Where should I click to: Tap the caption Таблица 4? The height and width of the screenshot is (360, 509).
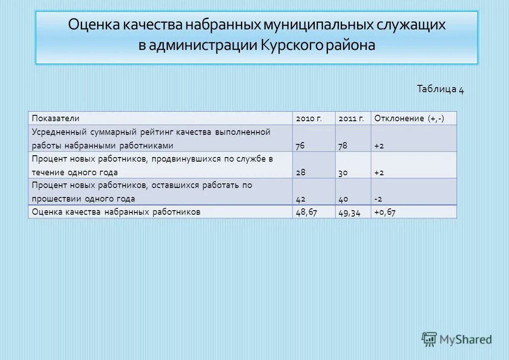(440, 89)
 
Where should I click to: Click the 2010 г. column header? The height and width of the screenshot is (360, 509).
(309, 118)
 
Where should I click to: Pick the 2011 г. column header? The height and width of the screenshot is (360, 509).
(351, 118)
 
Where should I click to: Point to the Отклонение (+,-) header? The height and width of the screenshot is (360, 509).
(409, 118)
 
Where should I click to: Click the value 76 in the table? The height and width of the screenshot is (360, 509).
(300, 146)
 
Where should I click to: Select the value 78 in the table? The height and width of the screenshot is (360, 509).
(343, 146)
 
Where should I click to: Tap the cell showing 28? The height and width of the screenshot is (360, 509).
(300, 173)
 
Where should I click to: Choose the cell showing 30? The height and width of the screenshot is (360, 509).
(343, 173)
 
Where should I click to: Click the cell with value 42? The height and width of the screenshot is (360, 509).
(300, 199)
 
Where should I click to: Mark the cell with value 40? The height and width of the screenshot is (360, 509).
(343, 199)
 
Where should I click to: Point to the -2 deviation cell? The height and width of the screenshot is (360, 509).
(378, 199)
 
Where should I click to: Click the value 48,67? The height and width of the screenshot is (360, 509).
(306, 212)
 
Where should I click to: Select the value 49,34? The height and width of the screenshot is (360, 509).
(349, 212)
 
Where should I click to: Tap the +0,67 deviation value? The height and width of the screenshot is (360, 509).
(385, 212)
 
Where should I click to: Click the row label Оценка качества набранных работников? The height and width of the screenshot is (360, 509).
(116, 212)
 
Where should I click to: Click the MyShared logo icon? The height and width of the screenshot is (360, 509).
(429, 338)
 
